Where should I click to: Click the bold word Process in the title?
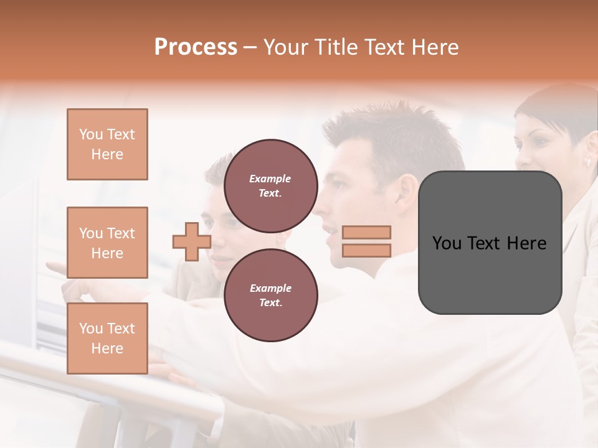coord(196,47)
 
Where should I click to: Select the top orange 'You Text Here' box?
coord(107,144)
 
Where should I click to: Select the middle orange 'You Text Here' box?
coord(107,243)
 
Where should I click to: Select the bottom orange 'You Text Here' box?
coord(107,338)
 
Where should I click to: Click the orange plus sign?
coord(191,241)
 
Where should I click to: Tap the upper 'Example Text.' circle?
coord(270,186)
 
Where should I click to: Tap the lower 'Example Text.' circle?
coord(270,296)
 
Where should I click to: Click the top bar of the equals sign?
coord(367,233)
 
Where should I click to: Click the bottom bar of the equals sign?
coord(367,250)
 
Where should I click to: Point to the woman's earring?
coord(587,162)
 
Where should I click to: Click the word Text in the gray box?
coord(489,243)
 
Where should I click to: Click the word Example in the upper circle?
coord(270,179)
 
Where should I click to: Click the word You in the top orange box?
coord(91,134)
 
